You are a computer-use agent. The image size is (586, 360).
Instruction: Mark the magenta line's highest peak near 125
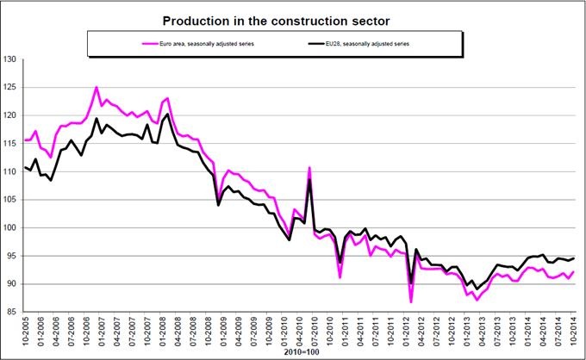[97, 87]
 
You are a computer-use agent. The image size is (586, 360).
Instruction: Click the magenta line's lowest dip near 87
[411, 302]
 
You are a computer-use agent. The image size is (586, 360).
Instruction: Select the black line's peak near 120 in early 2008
[167, 114]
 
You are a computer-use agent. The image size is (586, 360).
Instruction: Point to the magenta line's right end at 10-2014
[574, 272]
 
